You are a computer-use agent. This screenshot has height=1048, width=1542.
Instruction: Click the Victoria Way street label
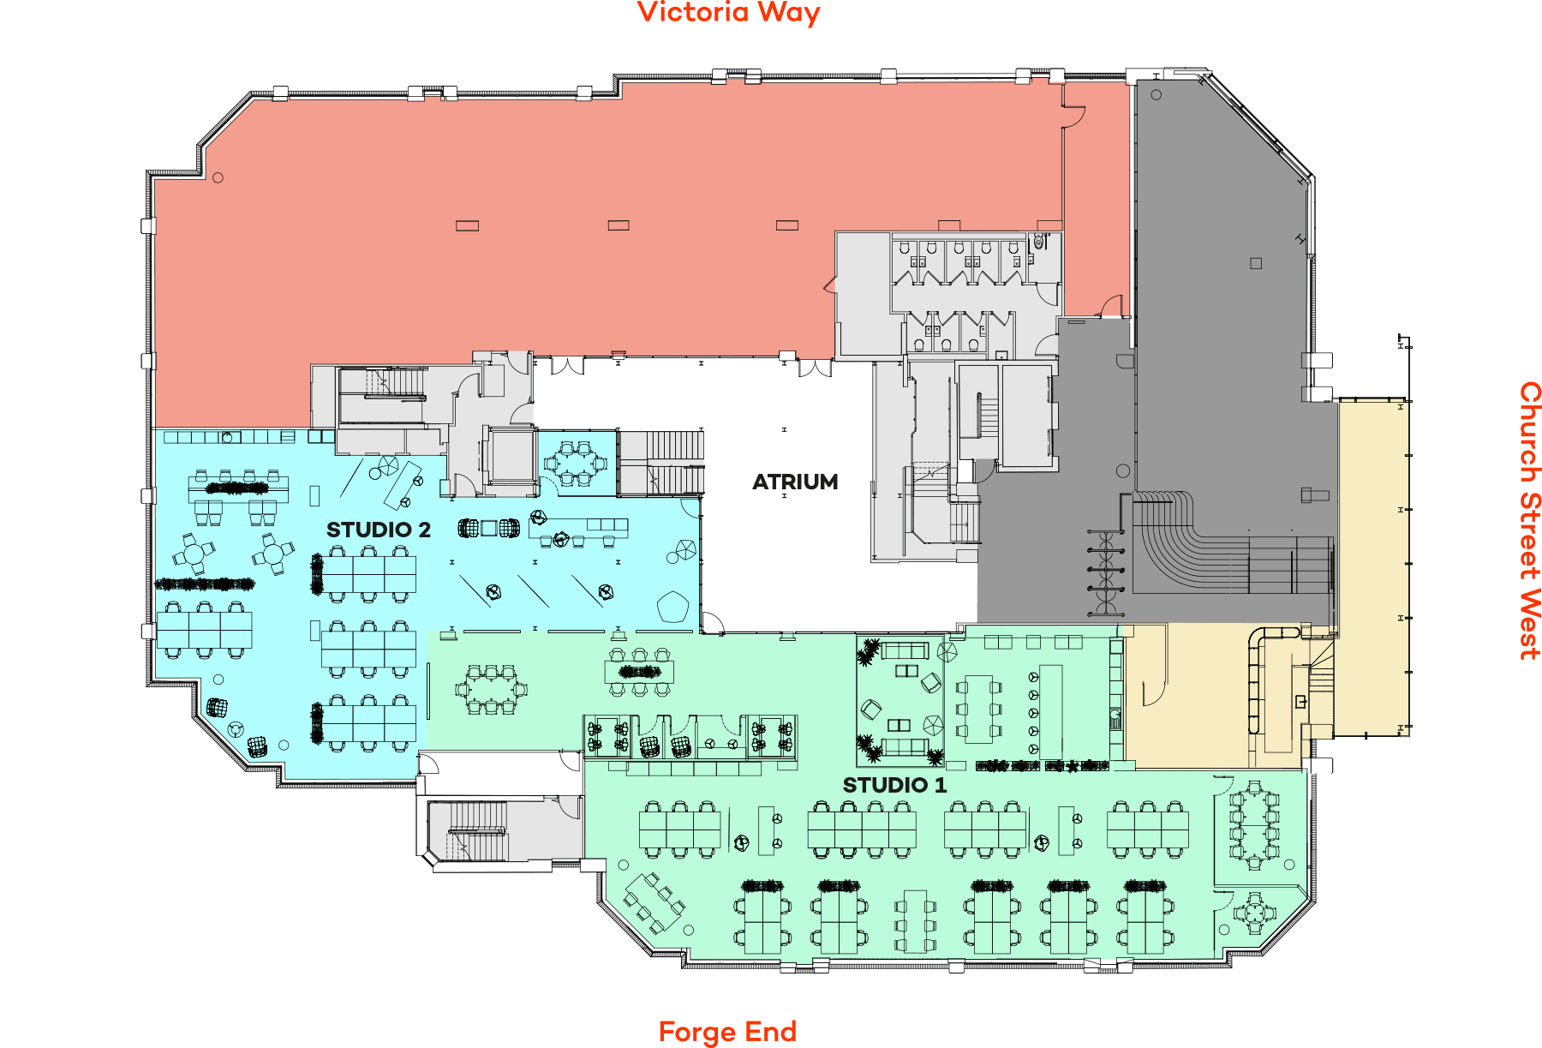tap(729, 13)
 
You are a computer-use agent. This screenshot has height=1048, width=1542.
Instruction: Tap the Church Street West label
tap(1530, 520)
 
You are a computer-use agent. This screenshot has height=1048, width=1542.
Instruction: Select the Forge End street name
tap(727, 1032)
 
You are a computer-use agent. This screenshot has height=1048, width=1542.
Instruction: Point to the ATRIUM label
tap(795, 482)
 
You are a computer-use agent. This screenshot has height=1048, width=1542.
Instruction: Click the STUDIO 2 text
tap(379, 530)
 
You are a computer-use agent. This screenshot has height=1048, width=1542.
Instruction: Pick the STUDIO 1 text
tap(894, 785)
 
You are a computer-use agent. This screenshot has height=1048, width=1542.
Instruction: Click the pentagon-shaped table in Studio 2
tap(672, 607)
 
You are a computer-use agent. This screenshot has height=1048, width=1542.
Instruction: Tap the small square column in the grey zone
tap(1256, 263)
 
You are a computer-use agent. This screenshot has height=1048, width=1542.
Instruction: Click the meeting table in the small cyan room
tap(576, 464)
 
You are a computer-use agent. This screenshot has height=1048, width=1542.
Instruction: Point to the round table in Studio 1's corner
tap(1254, 913)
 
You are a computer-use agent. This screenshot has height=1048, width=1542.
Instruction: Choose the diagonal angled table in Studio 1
tap(654, 902)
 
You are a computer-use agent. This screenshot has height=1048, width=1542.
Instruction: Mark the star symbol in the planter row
tap(1072, 766)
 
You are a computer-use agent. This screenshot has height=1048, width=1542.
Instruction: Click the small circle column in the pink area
tap(218, 178)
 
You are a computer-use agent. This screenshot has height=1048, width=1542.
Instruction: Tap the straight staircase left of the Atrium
tap(661, 463)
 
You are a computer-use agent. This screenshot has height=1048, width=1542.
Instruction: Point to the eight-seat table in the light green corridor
tap(492, 689)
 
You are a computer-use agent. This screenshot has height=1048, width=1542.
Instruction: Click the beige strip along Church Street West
tap(1373, 567)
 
